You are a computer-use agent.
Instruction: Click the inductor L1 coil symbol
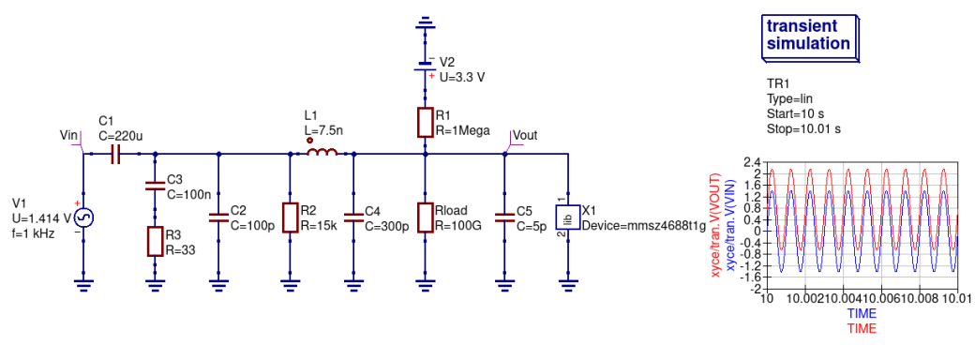(322, 154)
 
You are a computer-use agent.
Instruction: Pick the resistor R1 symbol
(425, 122)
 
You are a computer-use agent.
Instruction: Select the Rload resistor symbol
(425, 217)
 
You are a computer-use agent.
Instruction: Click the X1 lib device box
(567, 217)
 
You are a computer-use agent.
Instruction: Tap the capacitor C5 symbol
(505, 217)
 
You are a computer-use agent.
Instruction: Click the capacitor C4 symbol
(353, 217)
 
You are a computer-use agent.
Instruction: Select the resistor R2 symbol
(290, 217)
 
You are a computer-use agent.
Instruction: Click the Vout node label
(525, 135)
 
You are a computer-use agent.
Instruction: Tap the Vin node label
(68, 136)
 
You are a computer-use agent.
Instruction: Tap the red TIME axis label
(862, 329)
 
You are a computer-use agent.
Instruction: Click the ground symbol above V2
(425, 22)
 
